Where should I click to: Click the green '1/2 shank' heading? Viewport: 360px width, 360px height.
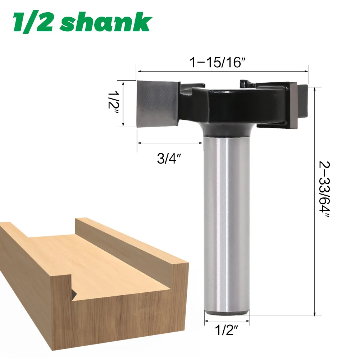pyautogui.click(x=82, y=23)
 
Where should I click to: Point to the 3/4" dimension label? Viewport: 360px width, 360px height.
pyautogui.click(x=169, y=159)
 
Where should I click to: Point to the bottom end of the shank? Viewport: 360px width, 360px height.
pyautogui.click(x=227, y=313)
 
